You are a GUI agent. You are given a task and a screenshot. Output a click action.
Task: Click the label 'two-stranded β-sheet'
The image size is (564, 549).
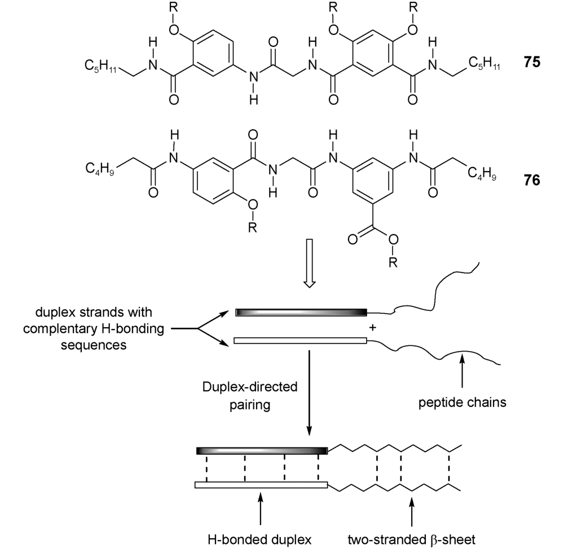coord(414,537)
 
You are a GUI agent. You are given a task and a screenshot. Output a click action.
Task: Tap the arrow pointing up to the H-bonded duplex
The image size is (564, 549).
coord(260,510)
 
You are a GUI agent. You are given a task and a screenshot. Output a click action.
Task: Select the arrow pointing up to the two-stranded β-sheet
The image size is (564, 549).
coord(413,510)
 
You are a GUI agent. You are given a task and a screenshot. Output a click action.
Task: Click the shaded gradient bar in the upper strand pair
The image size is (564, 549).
coord(301,312)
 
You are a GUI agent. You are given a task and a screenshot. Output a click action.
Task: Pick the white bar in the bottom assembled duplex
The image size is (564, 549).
coord(261,485)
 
